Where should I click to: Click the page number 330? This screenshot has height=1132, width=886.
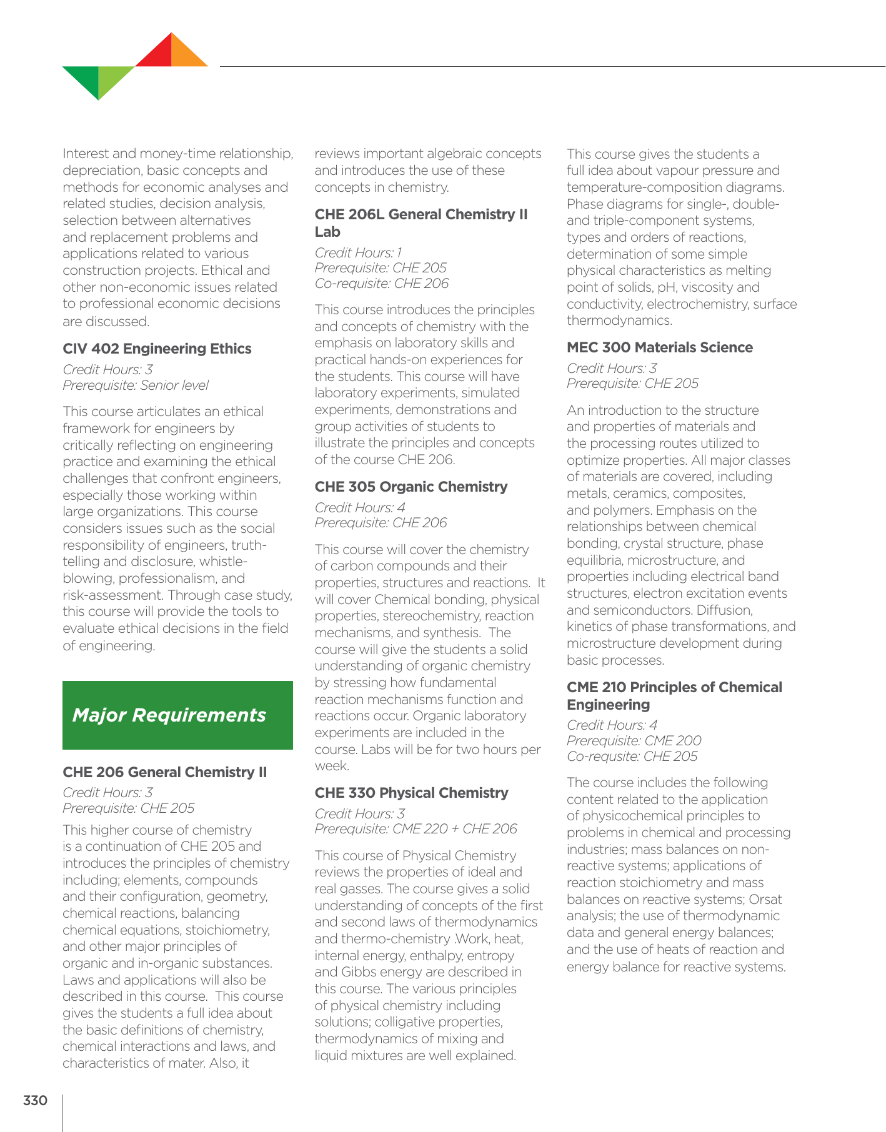pos(35,1100)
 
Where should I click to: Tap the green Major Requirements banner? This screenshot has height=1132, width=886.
pos(177,715)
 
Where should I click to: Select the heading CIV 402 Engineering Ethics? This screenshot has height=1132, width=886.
pos(157,349)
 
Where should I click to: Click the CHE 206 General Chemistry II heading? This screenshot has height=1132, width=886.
pos(164,772)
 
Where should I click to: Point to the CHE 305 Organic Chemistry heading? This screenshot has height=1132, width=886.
pos(411,487)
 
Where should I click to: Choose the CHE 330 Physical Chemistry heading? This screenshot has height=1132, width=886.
pos(411,793)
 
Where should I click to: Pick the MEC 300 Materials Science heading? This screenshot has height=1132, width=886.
pos(659,347)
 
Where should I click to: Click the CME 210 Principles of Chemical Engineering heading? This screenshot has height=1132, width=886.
pos(674,696)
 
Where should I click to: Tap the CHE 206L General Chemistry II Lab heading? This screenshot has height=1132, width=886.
pos(421,223)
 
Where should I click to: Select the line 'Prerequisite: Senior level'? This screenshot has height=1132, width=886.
pos(136,385)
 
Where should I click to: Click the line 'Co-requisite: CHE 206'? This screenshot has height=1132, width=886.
pos(381,284)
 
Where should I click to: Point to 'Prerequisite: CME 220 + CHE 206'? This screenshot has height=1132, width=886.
pos(416,829)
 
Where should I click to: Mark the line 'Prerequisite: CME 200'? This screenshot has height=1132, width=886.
pos(634,741)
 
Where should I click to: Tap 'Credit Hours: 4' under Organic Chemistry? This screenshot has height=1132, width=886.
pos(359,508)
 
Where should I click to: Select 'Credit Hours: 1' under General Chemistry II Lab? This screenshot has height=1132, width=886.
pos(358,253)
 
